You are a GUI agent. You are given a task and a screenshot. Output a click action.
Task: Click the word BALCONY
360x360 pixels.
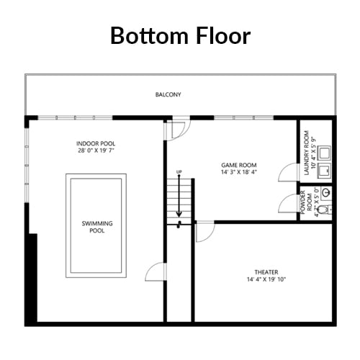pos(168,94)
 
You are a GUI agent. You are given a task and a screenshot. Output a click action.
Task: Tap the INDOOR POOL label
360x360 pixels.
pos(96,144)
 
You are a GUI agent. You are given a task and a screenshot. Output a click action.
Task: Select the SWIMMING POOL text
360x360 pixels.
pos(97,227)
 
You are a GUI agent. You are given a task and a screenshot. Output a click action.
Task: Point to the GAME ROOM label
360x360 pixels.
pos(239,165)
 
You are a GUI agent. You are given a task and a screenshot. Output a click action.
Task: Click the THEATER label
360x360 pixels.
pos(266,272)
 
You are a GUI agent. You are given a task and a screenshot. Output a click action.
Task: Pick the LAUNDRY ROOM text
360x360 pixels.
pos(307,153)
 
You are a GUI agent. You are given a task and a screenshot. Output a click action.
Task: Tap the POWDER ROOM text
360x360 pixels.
pos(306,202)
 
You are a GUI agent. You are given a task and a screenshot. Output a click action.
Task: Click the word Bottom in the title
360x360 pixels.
pos(150,36)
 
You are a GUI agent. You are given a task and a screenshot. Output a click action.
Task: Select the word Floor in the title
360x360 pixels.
pos(223,36)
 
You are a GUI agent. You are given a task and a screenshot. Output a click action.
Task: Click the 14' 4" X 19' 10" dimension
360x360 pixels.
pos(266,279)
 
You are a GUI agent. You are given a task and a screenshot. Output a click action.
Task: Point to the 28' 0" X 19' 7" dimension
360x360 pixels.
pos(96,150)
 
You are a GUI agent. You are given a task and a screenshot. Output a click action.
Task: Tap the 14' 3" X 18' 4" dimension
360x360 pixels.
pos(239,172)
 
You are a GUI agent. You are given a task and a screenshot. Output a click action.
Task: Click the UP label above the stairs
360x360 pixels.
pos(179,172)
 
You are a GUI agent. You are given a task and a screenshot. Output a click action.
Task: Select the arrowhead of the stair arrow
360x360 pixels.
pos(179,215)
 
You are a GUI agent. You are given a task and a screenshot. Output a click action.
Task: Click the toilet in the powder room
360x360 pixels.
pos(325,210)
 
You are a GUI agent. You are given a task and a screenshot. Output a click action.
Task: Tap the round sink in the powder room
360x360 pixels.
pos(326,192)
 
